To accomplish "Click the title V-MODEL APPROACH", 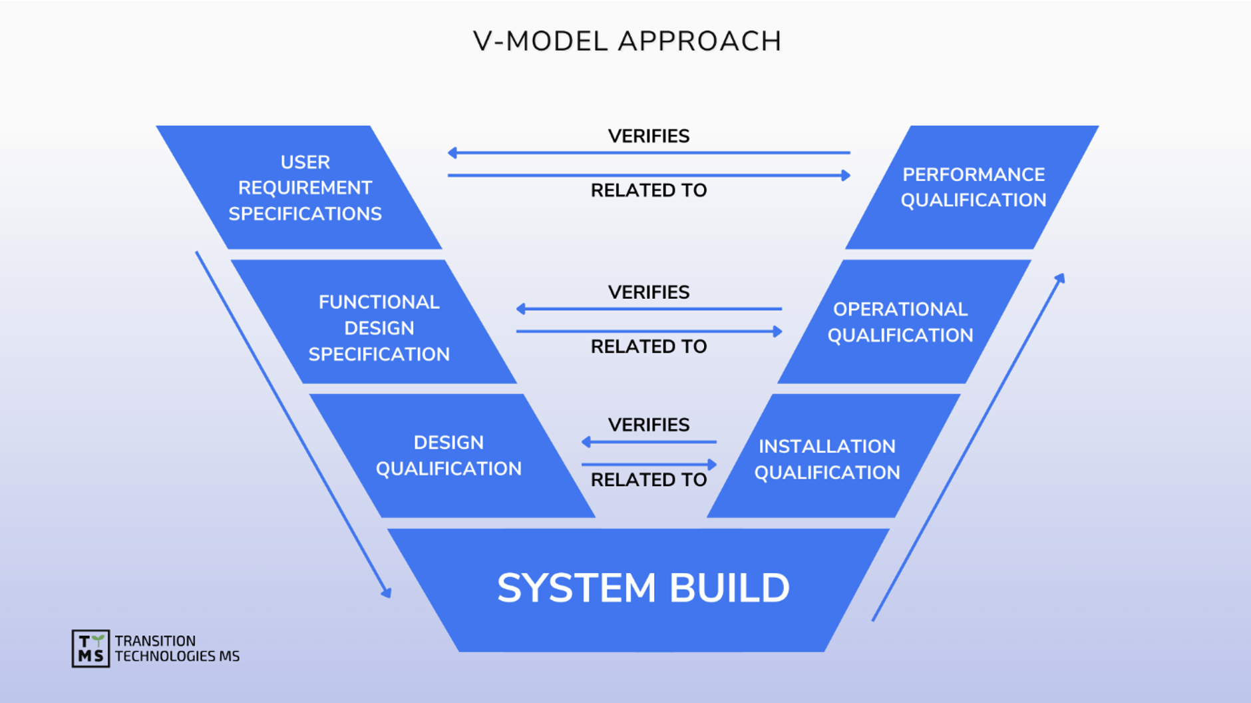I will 627,41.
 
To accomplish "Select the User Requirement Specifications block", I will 304,188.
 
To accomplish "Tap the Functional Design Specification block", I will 378,328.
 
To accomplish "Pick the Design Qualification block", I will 448,455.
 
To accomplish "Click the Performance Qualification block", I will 973,187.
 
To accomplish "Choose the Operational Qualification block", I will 900,322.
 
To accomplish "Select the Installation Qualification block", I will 826,459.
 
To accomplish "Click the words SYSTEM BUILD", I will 643,588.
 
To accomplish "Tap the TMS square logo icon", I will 90,648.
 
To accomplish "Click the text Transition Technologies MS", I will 176,648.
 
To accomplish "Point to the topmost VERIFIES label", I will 648,136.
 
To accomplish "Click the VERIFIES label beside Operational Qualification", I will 648,292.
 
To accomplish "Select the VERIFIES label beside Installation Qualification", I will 648,425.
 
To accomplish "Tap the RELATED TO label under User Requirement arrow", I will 648,190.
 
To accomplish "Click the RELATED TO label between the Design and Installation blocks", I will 648,479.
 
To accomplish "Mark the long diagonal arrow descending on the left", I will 293,424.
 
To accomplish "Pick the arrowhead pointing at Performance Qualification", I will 846,175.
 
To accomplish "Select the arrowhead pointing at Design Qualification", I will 586,441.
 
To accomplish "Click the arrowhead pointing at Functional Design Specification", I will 521,308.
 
